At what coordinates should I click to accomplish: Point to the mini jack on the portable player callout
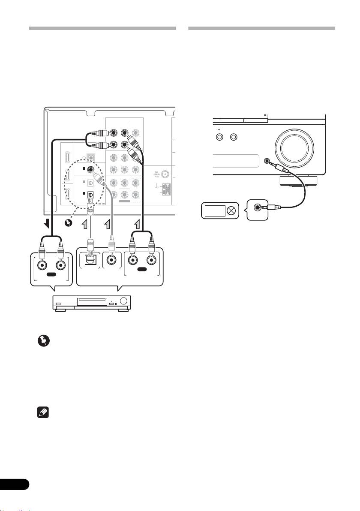pyautogui.click(x=258, y=207)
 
